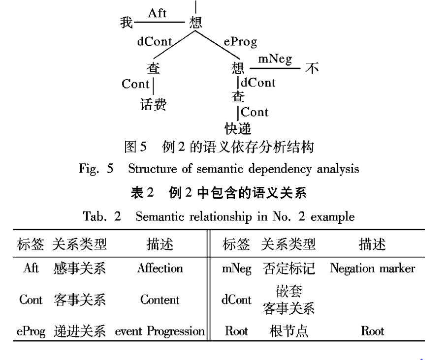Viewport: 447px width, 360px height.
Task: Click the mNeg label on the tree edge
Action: pyautogui.click(x=275, y=59)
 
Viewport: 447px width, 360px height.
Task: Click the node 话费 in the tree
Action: pyautogui.click(x=153, y=104)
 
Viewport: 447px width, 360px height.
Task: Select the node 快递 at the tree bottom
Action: pyautogui.click(x=238, y=129)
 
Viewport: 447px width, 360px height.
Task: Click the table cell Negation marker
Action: pyautogui.click(x=373, y=269)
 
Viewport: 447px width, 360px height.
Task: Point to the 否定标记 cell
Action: pyautogui.click(x=288, y=269)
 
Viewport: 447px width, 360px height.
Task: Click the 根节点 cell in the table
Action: pyautogui.click(x=288, y=330)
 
